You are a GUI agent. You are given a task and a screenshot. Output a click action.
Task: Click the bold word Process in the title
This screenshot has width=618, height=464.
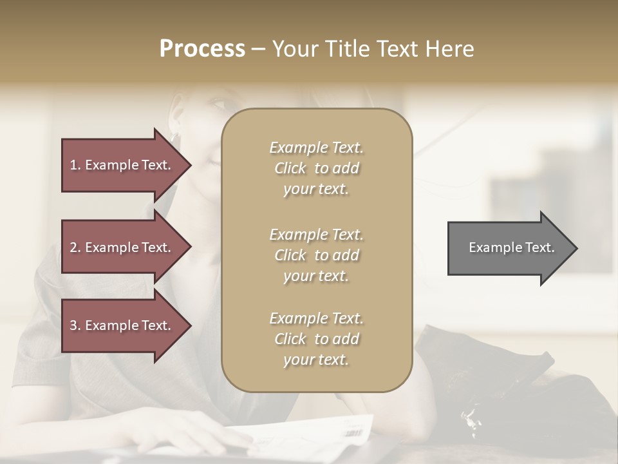(x=202, y=49)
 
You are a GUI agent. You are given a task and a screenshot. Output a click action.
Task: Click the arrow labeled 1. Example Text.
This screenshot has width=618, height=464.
(x=122, y=165)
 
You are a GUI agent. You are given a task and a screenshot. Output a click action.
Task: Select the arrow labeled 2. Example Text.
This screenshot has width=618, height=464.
(x=122, y=247)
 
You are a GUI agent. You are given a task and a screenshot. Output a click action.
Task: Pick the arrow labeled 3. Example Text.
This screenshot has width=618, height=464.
(x=122, y=325)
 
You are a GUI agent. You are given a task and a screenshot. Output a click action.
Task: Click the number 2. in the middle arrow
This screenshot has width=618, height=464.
(x=75, y=247)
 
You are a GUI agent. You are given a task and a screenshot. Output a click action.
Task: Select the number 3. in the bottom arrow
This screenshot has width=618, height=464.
(x=75, y=325)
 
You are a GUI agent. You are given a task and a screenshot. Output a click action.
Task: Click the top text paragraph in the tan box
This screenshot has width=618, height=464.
(x=316, y=168)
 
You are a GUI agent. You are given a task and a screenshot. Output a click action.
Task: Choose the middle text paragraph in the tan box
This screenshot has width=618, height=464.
(x=316, y=255)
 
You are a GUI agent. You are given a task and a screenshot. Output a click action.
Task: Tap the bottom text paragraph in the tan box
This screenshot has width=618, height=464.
(x=316, y=339)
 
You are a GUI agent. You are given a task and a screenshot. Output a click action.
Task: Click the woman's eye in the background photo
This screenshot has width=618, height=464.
(x=218, y=103)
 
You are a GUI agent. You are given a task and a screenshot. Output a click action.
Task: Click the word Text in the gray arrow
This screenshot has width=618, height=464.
(x=539, y=247)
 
